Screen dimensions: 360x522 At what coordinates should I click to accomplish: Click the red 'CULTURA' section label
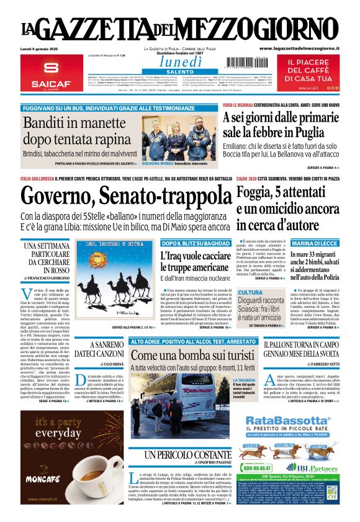point(250,292)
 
